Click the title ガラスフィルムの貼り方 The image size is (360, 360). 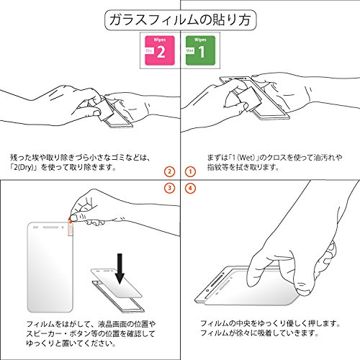click(181, 19)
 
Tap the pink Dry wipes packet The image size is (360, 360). click(160, 50)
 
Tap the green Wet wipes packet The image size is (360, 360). click(200, 50)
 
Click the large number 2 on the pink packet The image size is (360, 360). click(161, 51)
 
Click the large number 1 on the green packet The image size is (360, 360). click(202, 51)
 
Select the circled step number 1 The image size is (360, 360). click(190, 171)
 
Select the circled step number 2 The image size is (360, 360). click(170, 171)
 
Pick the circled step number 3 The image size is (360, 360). click(170, 188)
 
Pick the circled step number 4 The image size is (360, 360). click(190, 188)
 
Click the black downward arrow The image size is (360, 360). click(120, 269)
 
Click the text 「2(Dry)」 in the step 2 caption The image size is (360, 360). click(23, 167)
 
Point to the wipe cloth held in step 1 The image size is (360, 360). click(250, 99)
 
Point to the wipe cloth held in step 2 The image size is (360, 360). click(104, 109)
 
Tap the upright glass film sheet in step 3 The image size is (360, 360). click(50, 267)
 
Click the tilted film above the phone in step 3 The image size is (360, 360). click(117, 283)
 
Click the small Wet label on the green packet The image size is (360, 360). click(190, 50)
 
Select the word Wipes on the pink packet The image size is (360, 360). click(160, 40)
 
